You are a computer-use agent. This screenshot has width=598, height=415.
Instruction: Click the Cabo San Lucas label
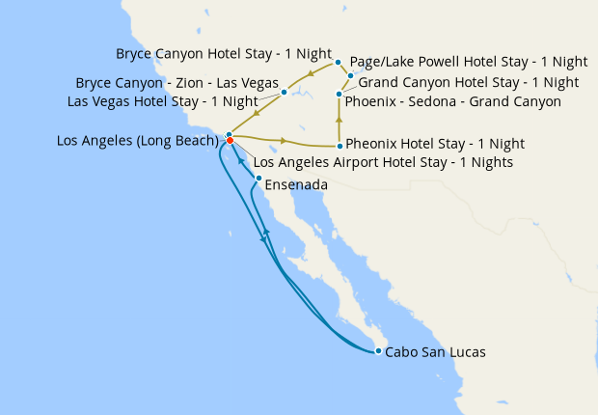tap(435, 352)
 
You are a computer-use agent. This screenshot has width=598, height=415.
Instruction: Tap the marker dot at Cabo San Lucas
tap(378, 350)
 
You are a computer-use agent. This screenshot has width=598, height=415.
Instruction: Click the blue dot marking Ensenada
tap(258, 179)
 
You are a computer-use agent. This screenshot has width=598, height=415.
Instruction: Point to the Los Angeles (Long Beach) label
tap(138, 141)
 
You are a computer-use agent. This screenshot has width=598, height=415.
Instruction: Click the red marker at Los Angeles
tap(231, 141)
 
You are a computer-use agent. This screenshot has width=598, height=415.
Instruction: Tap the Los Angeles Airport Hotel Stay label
tap(383, 162)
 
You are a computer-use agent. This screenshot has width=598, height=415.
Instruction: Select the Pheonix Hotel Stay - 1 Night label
tap(435, 144)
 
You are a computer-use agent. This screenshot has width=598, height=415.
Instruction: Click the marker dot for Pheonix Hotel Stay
tap(340, 146)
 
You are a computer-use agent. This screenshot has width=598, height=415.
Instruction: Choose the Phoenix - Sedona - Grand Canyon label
tap(452, 100)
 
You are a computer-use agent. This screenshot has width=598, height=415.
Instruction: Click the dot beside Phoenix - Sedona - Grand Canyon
tap(339, 94)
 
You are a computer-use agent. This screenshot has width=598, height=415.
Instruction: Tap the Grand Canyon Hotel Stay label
tap(469, 82)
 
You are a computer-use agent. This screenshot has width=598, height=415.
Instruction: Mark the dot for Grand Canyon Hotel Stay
tap(350, 75)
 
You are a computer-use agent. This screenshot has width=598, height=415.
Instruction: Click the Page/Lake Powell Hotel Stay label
tap(469, 61)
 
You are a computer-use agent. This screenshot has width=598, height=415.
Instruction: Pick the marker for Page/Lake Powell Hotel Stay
tap(339, 63)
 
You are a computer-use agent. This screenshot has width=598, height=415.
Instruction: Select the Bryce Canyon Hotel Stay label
tap(224, 53)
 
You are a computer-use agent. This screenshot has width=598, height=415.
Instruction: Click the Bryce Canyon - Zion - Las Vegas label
tap(177, 82)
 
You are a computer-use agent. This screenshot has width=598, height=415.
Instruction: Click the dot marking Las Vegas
tap(284, 93)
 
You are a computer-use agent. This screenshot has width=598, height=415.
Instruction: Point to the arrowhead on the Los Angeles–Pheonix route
tap(283, 141)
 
